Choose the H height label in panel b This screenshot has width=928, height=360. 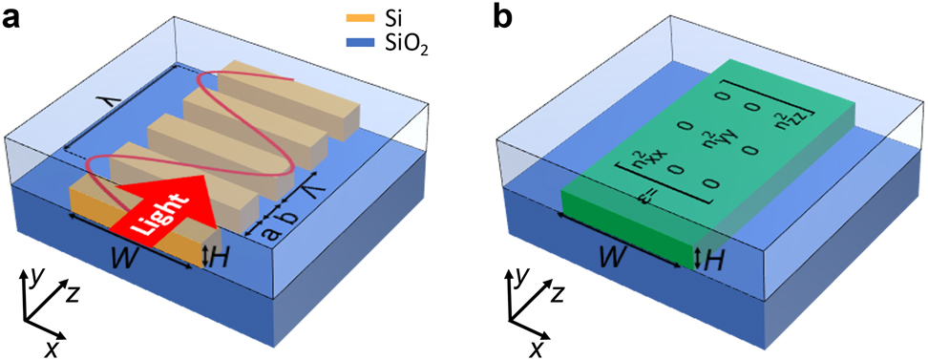[712, 256]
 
